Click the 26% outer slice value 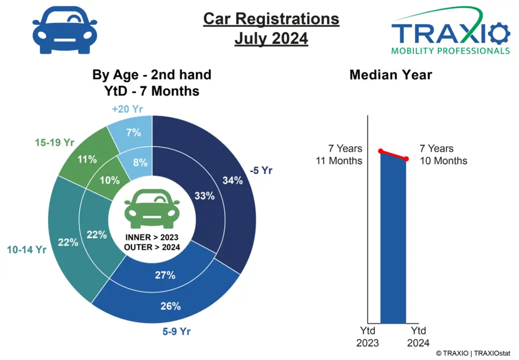pos(170,306)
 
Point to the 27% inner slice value pos(165,275)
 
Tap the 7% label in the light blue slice pos(133,132)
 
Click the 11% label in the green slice pos(87,159)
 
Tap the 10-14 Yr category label pos(26,250)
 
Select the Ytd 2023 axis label pos(367,337)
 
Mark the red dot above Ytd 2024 pos(406,159)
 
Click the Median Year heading pos(391,75)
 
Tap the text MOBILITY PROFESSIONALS pos(450,51)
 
